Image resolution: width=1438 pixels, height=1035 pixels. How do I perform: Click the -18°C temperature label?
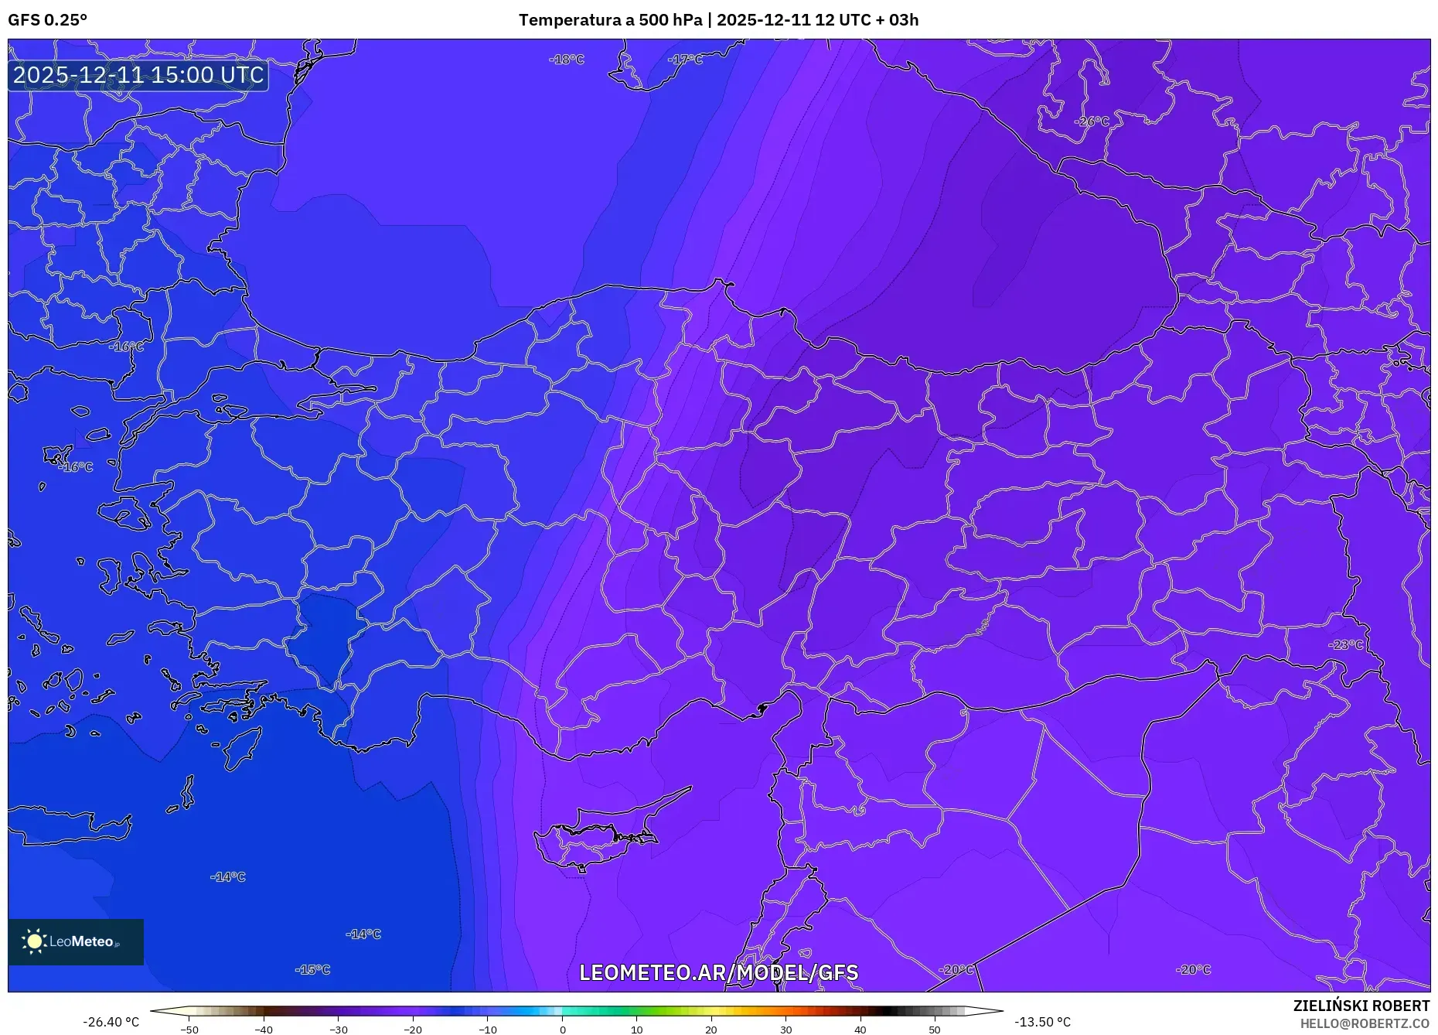[567, 60]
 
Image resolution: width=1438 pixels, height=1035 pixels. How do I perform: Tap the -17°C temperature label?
[685, 60]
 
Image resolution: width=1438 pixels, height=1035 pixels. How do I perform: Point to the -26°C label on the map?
[1092, 121]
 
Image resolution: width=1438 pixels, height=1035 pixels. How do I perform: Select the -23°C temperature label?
[1346, 645]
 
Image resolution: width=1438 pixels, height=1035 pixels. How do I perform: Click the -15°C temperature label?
[312, 970]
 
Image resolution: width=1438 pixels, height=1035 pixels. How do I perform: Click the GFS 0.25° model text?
[48, 20]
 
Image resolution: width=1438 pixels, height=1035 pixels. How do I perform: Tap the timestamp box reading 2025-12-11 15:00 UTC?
[138, 75]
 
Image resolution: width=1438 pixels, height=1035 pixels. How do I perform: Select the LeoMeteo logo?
[76, 942]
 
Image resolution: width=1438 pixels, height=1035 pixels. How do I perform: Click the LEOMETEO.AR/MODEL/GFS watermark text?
[718, 972]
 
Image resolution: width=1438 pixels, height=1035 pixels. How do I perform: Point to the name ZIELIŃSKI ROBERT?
[1361, 1006]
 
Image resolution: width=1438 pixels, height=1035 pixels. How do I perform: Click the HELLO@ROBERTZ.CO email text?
[1365, 1023]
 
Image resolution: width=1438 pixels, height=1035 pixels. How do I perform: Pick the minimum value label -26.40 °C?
[111, 1022]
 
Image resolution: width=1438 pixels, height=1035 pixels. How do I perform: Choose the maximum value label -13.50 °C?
[1043, 1022]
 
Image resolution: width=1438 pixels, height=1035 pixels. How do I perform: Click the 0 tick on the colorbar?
[563, 1029]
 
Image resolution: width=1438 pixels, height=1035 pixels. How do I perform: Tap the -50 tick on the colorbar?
[189, 1029]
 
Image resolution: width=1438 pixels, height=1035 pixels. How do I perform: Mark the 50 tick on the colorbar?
[935, 1029]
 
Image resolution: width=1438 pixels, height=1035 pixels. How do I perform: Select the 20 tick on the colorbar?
[711, 1029]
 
